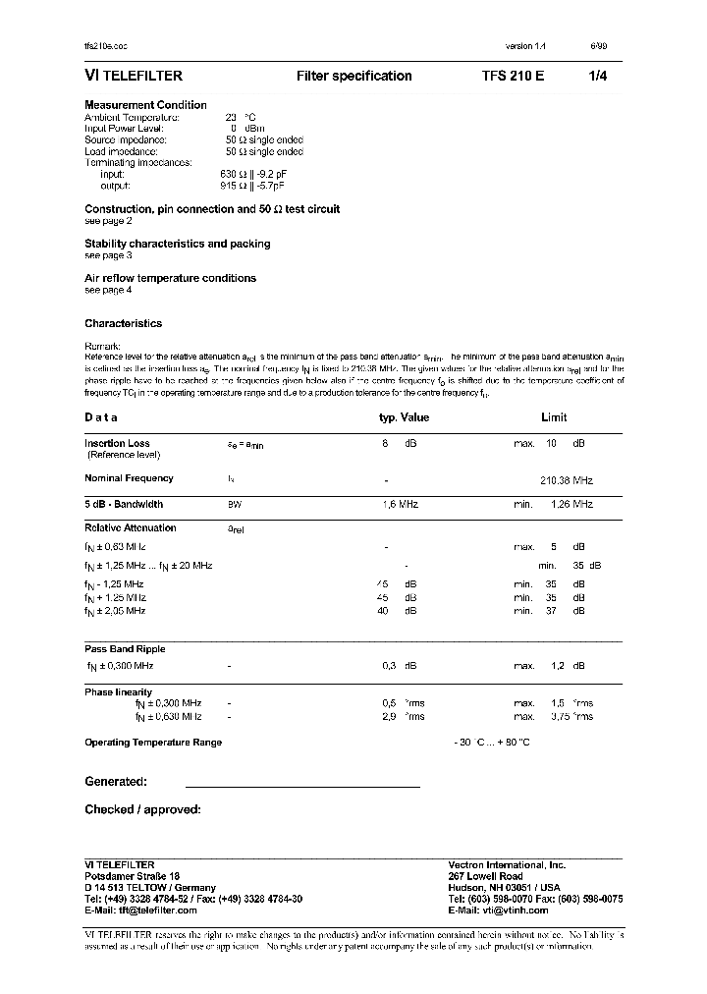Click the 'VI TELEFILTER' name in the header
click(x=134, y=76)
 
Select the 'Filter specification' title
click(x=353, y=76)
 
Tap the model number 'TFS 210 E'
click(x=513, y=76)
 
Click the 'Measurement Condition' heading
click(x=145, y=105)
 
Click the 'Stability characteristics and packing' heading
click(x=177, y=244)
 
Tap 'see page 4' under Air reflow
click(x=108, y=290)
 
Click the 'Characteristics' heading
click(x=123, y=323)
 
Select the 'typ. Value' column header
click(x=404, y=417)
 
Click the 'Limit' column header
click(x=554, y=417)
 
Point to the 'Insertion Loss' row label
click(x=117, y=443)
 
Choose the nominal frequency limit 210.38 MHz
click(x=567, y=480)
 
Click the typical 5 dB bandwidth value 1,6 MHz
click(x=400, y=504)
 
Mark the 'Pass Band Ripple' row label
click(x=125, y=649)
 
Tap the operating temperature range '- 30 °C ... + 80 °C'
click(x=492, y=743)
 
